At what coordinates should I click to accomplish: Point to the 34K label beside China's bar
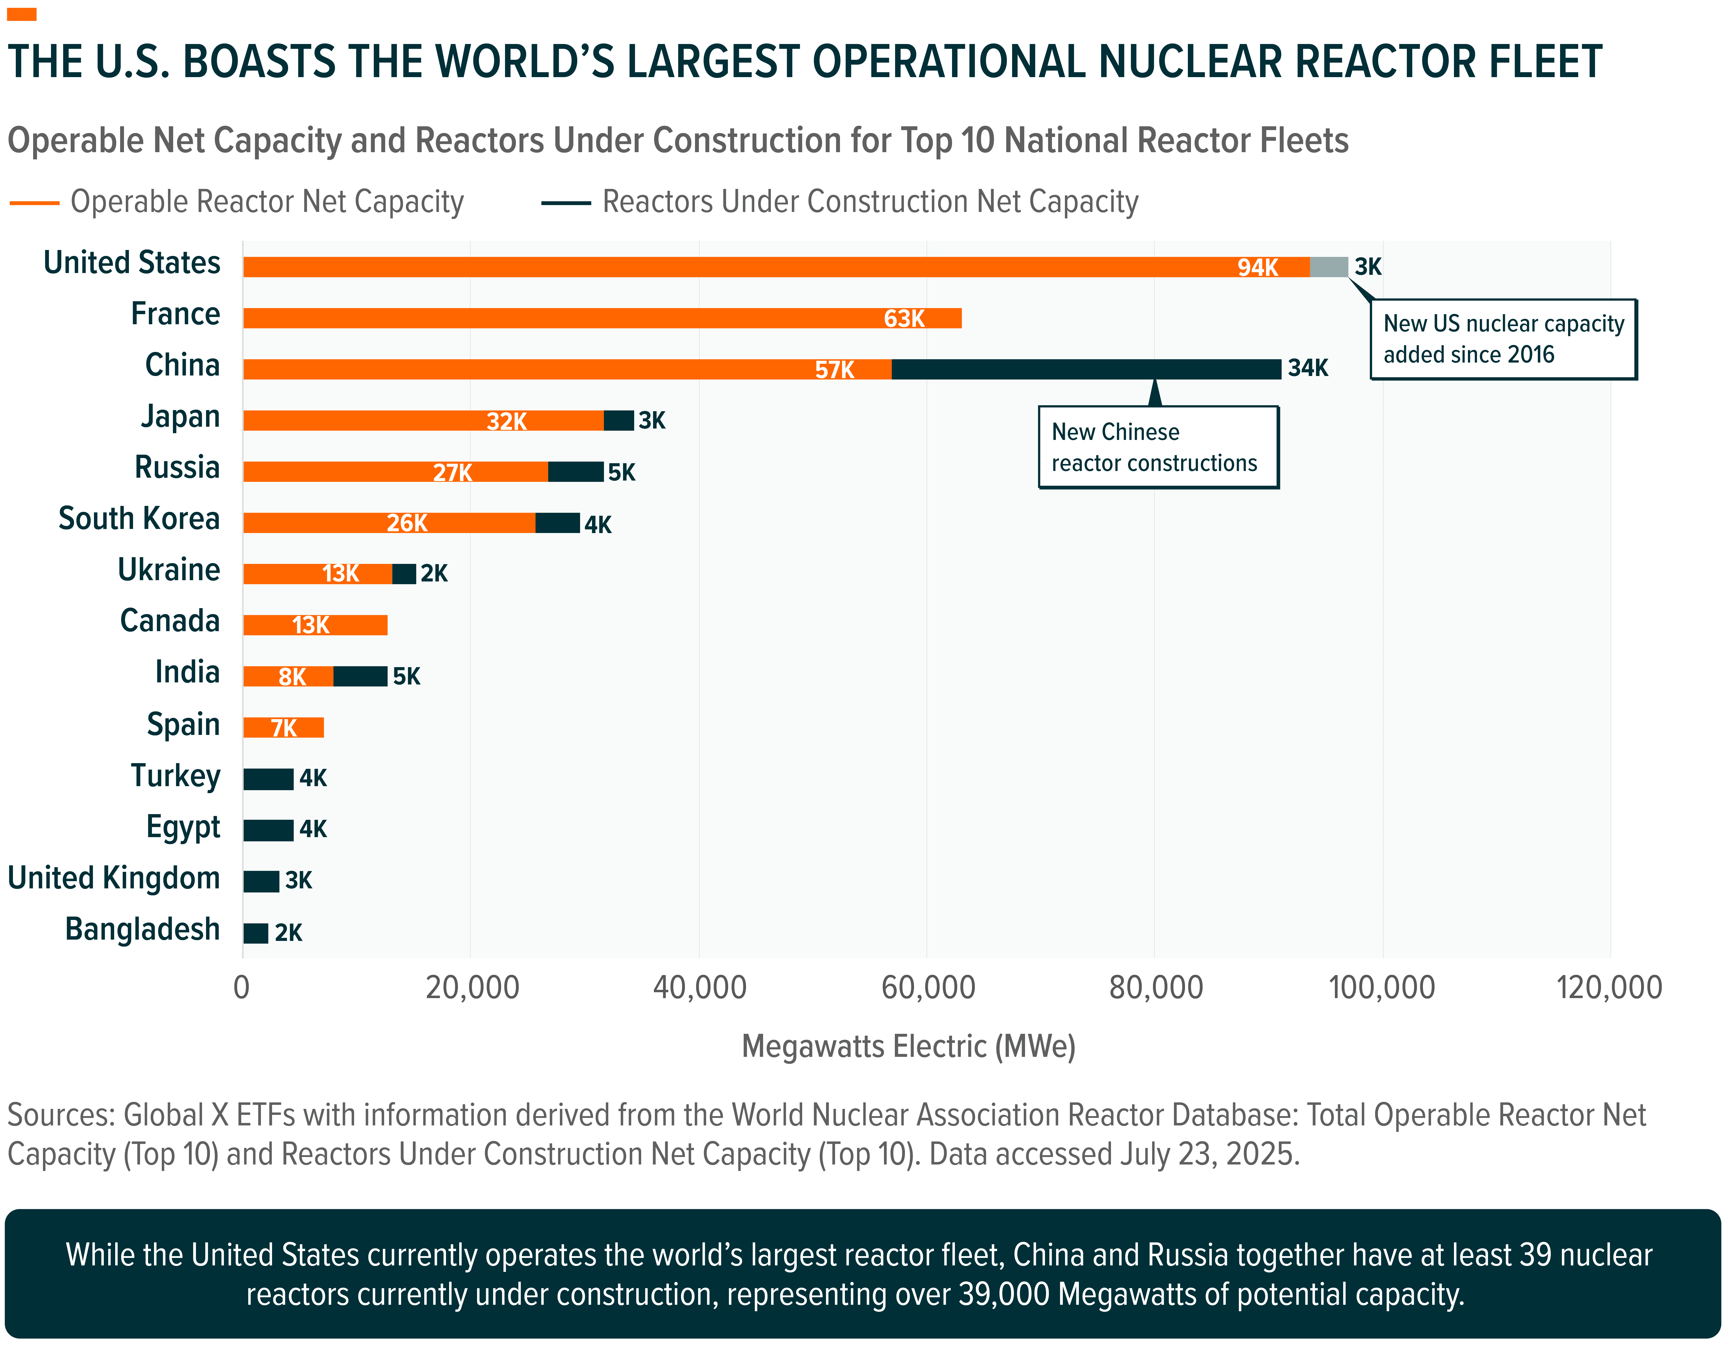pos(1308,368)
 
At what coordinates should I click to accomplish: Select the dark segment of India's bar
pos(360,676)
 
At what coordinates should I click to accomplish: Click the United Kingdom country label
pos(114,878)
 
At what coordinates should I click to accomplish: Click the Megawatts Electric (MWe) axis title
pos(908,1046)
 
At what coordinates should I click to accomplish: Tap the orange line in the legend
pos(35,203)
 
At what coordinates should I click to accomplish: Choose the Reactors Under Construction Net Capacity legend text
pos(870,202)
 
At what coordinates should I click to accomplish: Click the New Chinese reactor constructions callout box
pos(1158,447)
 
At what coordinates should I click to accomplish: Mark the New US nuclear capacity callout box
pos(1503,339)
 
